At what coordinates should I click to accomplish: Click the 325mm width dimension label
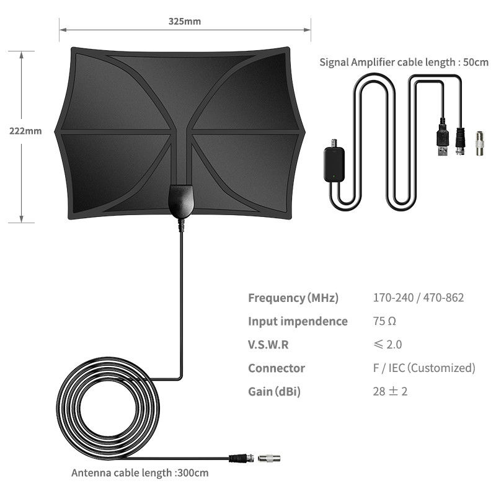[x=184, y=21]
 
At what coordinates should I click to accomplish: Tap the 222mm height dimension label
[x=25, y=131]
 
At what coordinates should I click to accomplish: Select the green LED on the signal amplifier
[x=333, y=176]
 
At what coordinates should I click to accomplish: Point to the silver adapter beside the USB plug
[x=479, y=144]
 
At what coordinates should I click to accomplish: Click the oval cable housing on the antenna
[x=181, y=201]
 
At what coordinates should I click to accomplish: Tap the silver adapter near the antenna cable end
[x=269, y=458]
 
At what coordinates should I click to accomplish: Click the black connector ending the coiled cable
[x=241, y=458]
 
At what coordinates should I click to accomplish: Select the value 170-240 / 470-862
[x=418, y=298]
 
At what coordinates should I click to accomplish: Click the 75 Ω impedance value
[x=384, y=321]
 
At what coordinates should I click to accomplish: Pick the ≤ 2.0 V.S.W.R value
[x=387, y=344]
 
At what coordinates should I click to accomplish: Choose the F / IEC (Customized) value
[x=424, y=368]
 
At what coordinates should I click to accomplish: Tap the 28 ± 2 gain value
[x=390, y=391]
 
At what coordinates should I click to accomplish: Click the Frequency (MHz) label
[x=293, y=298]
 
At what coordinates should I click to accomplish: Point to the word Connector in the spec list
[x=277, y=368]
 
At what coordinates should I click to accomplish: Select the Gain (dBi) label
[x=274, y=392]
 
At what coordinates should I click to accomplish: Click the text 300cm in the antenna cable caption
[x=192, y=473]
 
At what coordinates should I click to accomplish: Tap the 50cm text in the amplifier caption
[x=476, y=62]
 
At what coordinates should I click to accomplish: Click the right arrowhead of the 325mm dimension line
[x=307, y=30]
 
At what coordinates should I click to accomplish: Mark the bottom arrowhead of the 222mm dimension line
[x=21, y=219]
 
